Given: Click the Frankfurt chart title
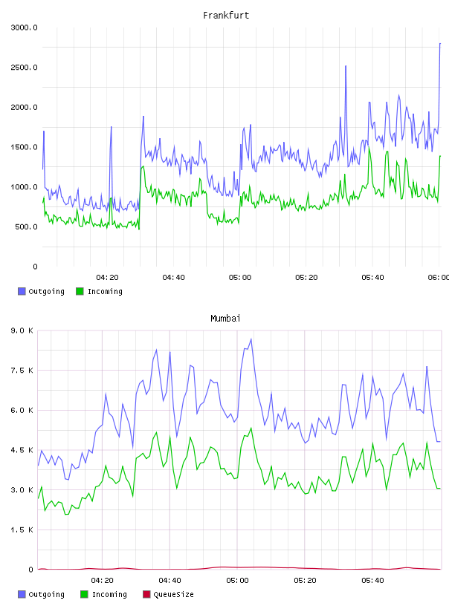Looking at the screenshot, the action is click(x=226, y=16).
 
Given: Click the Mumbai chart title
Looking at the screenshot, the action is click(x=225, y=319).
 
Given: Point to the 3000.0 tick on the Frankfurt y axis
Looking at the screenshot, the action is click(x=24, y=27).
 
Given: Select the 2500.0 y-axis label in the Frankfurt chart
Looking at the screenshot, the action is click(x=24, y=68).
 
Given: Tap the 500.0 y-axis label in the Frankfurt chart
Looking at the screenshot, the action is click(x=26, y=227).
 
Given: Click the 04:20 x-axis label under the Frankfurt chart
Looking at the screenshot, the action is click(x=107, y=278).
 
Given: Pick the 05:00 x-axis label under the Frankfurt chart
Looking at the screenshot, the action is click(x=240, y=278).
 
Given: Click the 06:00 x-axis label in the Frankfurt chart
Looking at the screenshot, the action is click(x=439, y=278).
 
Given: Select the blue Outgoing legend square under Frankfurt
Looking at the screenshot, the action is click(x=22, y=291).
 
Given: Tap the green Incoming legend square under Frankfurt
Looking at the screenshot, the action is click(x=80, y=291).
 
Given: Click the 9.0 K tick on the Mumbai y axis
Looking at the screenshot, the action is click(x=22, y=330).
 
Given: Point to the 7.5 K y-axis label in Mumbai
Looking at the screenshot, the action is click(x=22, y=371).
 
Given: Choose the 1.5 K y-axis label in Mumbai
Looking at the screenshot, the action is click(x=22, y=530).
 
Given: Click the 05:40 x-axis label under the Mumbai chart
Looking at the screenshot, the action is click(x=372, y=581).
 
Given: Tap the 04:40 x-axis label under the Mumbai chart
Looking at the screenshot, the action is click(x=170, y=581).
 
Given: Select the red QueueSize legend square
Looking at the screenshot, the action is click(x=146, y=594).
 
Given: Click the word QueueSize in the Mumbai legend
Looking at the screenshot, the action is click(x=173, y=594).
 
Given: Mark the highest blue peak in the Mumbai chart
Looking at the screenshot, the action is click(x=251, y=339).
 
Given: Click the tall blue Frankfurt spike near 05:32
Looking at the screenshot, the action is click(x=346, y=67).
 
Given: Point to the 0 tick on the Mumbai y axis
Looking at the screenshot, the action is click(x=30, y=570).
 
